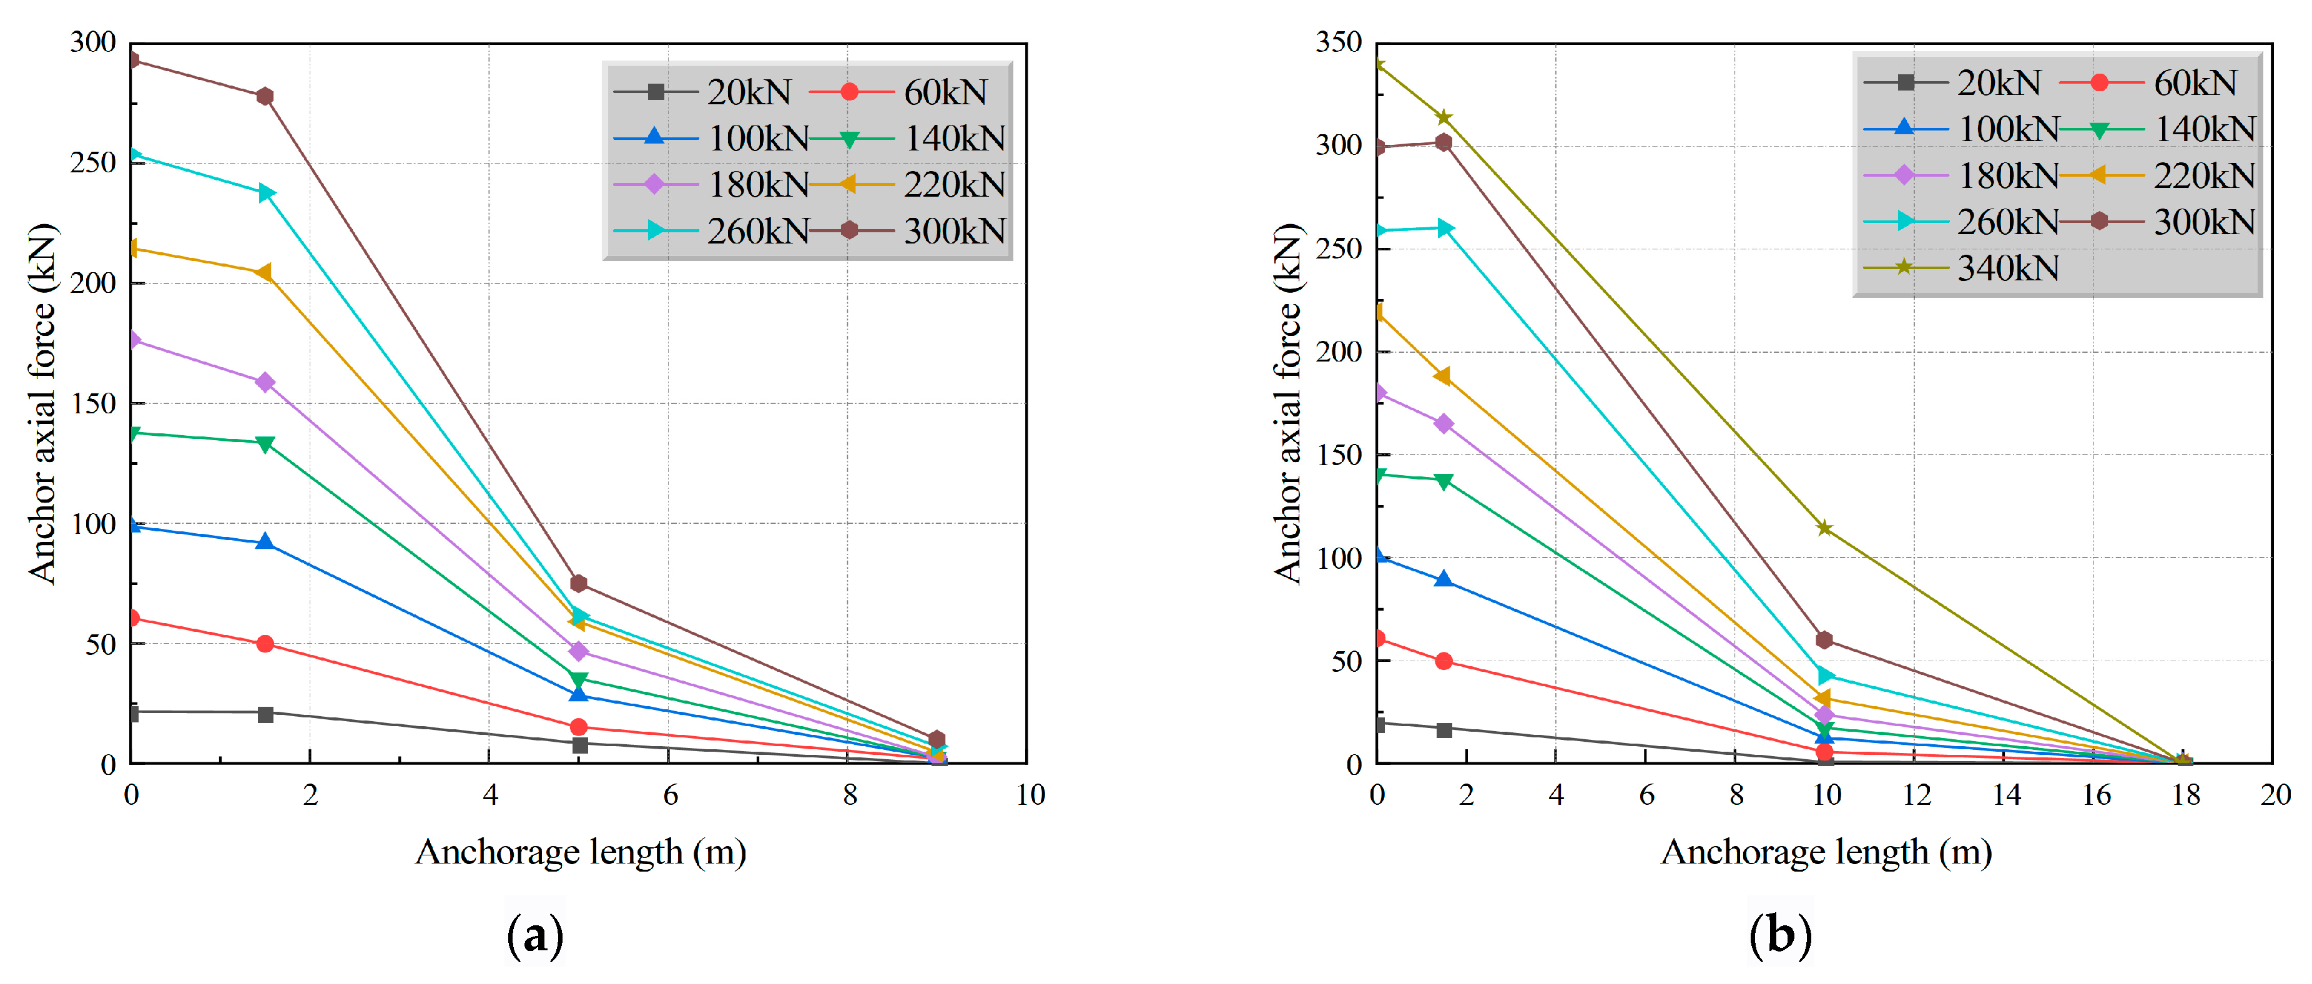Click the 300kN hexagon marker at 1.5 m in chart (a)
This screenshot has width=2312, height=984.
tap(265, 96)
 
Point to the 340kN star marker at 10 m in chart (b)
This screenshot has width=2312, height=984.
tap(1824, 528)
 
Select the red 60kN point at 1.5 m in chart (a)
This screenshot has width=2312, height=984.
tap(265, 644)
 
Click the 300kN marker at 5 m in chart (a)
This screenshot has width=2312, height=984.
tap(579, 584)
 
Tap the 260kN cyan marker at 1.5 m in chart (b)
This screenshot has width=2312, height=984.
tap(1444, 228)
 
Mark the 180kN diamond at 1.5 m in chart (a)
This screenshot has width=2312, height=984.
tap(265, 383)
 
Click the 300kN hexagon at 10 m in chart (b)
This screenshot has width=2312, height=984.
tap(1824, 640)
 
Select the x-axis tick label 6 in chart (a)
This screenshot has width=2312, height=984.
tap(669, 795)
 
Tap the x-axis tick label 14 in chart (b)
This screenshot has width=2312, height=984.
tap(2006, 795)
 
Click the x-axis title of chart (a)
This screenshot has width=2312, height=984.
tap(581, 851)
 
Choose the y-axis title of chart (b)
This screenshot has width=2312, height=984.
tap(1288, 404)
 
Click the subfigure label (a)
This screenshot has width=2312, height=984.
tap(536, 935)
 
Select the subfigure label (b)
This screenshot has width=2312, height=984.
tap(1781, 935)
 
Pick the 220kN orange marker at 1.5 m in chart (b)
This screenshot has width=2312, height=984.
tap(1444, 376)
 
